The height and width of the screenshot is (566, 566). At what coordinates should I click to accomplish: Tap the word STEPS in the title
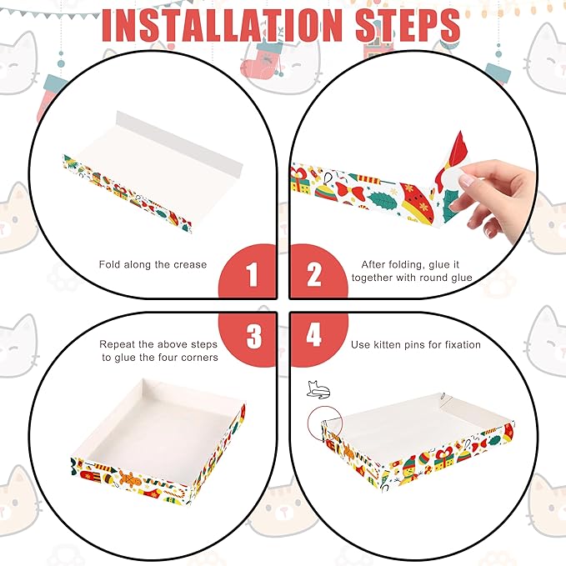pyautogui.click(x=408, y=25)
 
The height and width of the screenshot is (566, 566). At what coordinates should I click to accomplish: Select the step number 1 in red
pyautogui.click(x=252, y=274)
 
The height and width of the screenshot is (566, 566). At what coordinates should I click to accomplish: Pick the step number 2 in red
pyautogui.click(x=313, y=274)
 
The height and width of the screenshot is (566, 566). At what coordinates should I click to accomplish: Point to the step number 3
pyautogui.click(x=254, y=337)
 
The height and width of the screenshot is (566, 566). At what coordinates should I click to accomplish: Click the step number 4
pyautogui.click(x=313, y=334)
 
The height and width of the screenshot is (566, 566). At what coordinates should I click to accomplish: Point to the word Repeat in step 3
pyautogui.click(x=117, y=345)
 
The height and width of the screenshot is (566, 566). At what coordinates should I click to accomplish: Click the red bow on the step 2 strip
pyautogui.click(x=349, y=191)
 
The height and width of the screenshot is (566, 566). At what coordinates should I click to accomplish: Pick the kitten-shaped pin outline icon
pyautogui.click(x=318, y=390)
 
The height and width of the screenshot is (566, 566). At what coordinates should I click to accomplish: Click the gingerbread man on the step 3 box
pyautogui.click(x=128, y=478)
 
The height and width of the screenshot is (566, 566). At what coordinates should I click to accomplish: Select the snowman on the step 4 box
pyautogui.click(x=409, y=468)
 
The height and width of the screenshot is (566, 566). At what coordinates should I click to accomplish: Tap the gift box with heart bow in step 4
pyautogui.click(x=443, y=458)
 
